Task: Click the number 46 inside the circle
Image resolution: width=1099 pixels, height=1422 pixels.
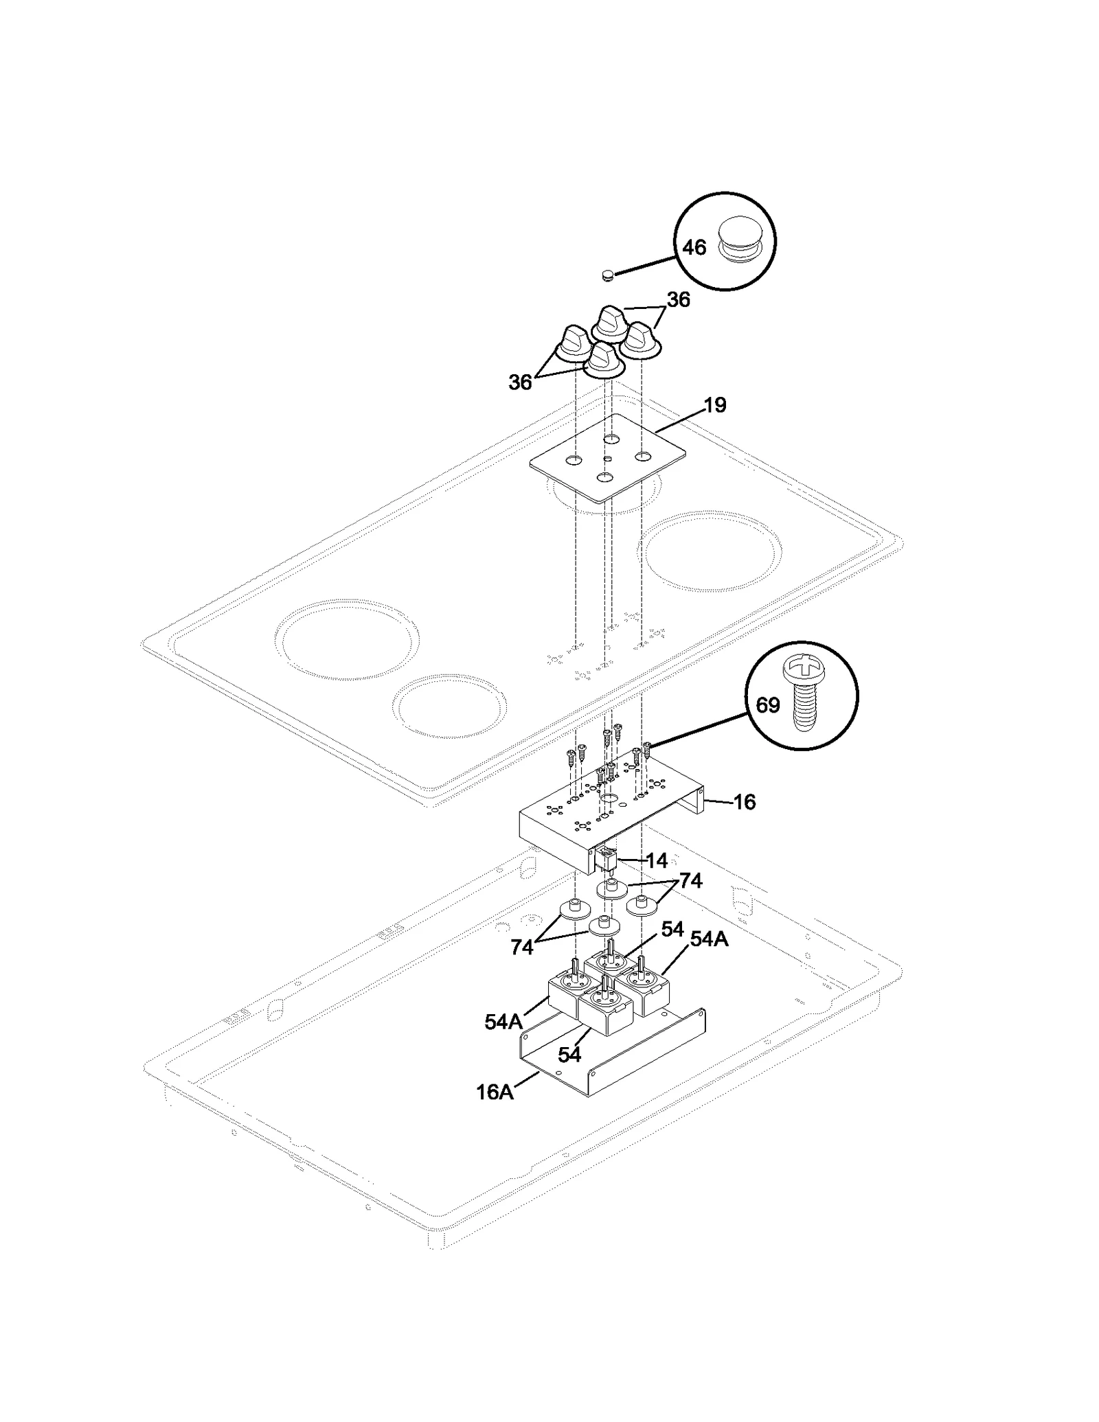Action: tap(694, 247)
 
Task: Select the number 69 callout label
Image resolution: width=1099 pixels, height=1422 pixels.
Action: tap(767, 705)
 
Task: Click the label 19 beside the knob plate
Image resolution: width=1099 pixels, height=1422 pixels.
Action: tap(715, 405)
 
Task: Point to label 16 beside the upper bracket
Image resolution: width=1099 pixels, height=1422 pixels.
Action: tap(745, 801)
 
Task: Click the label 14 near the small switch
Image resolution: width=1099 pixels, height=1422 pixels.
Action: tap(657, 860)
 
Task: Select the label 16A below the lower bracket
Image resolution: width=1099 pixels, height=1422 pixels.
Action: tap(495, 1092)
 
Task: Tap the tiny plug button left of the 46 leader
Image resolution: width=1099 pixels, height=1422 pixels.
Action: tap(607, 275)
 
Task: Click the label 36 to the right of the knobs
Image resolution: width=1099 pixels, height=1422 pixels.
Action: tap(678, 300)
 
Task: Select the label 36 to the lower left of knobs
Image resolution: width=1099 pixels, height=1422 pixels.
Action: tap(520, 382)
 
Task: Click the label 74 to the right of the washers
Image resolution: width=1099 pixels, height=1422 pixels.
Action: tap(690, 881)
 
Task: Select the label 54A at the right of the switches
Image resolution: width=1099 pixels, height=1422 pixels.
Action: tap(708, 939)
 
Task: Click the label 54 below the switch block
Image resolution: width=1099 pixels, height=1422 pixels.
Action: tap(569, 1055)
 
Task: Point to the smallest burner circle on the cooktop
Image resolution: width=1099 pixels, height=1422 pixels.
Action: tap(450, 706)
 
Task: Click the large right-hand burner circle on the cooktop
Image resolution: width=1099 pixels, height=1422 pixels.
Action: tap(710, 551)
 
